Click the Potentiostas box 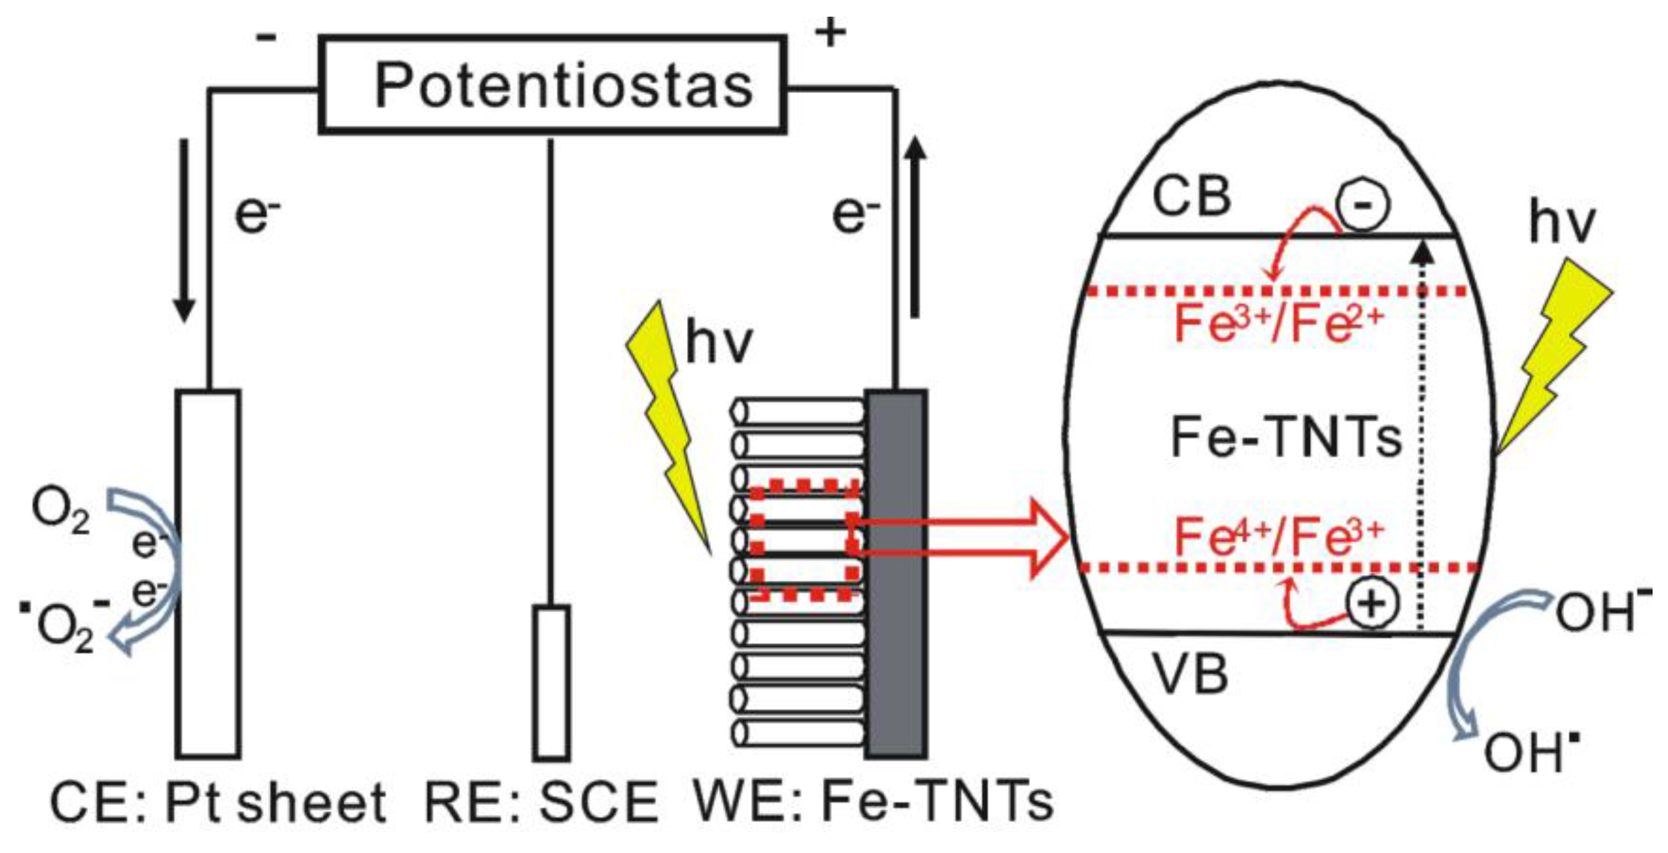click(x=554, y=85)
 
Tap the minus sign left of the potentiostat click(x=266, y=38)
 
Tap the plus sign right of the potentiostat click(x=831, y=33)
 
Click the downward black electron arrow click(x=185, y=230)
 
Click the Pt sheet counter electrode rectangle click(x=208, y=573)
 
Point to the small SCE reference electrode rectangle click(x=552, y=682)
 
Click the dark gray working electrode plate click(x=897, y=573)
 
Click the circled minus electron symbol click(x=1363, y=205)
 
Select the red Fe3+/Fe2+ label click(x=1279, y=324)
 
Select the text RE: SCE click(x=541, y=803)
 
